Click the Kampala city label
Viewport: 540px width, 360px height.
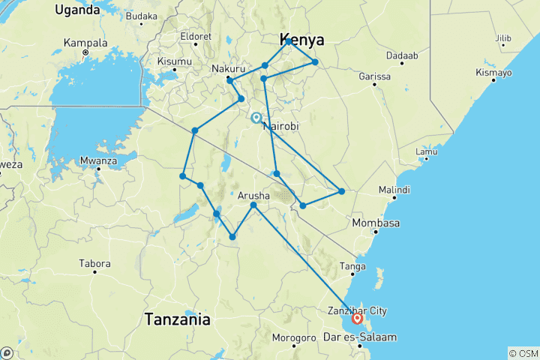[85, 42]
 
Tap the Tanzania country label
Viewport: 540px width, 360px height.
[178, 319]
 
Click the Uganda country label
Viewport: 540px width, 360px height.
[77, 10]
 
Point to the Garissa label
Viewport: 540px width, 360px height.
[375, 76]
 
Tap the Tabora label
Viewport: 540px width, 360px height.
[95, 264]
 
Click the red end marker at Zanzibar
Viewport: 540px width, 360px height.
[357, 318]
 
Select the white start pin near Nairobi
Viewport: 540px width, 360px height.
[256, 118]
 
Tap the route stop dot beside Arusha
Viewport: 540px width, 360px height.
[253, 205]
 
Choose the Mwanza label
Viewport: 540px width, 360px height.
[98, 160]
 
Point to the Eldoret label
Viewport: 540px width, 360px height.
[196, 35]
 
